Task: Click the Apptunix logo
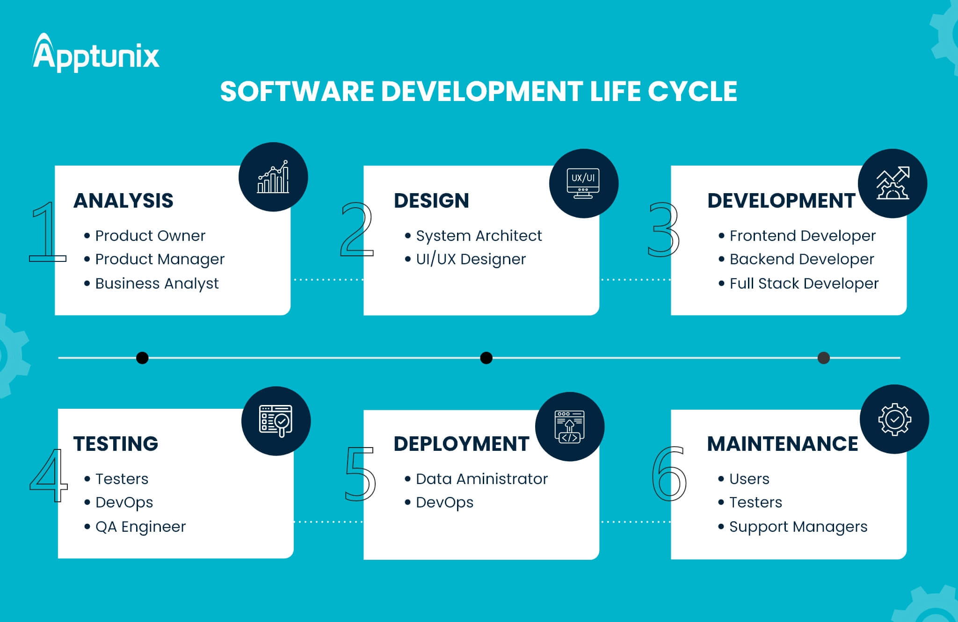[x=96, y=53]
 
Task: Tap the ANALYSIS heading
[x=123, y=201]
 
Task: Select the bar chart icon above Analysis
[x=273, y=177]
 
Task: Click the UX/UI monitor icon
[x=583, y=183]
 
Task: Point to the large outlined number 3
[x=663, y=229]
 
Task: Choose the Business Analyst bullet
[x=152, y=283]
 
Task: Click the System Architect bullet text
[x=479, y=236]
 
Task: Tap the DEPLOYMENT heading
[x=461, y=444]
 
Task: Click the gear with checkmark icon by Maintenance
[x=894, y=419]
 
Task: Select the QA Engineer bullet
[x=135, y=527]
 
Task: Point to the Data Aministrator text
[x=482, y=479]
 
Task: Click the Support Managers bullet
[x=793, y=527]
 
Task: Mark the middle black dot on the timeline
[x=486, y=358]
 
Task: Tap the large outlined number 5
[x=360, y=473]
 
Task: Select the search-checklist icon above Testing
[x=276, y=421]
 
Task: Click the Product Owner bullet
[x=145, y=236]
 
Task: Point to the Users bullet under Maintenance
[x=744, y=479]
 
